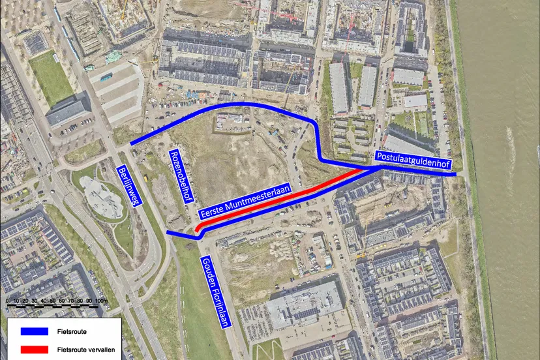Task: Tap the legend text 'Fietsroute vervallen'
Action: pos(83,350)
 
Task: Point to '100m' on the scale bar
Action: pos(101,301)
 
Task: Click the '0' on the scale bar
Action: pos(7,301)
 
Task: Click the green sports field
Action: pos(51,77)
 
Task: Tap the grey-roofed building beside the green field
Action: pos(67,110)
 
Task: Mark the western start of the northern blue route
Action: pos(131,143)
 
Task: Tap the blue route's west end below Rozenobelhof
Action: pos(168,232)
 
